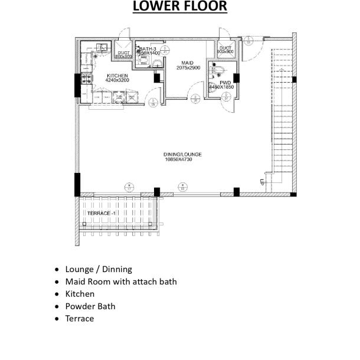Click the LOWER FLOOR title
pyautogui.click(x=179, y=7)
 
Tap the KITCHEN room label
pyautogui.click(x=117, y=76)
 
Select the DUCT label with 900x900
pyautogui.click(x=225, y=50)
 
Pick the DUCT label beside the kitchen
pyautogui.click(x=123, y=54)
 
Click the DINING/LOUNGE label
pyautogui.click(x=182, y=155)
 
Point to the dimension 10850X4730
pyautogui.click(x=182, y=159)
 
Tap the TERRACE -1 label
pyautogui.click(x=101, y=212)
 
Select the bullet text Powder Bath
pyautogui.click(x=90, y=306)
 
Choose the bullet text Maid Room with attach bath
pyautogui.click(x=121, y=282)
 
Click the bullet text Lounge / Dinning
pyautogui.click(x=99, y=269)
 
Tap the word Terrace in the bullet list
pyautogui.click(x=80, y=319)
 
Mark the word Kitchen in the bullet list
pyautogui.click(x=80, y=294)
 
